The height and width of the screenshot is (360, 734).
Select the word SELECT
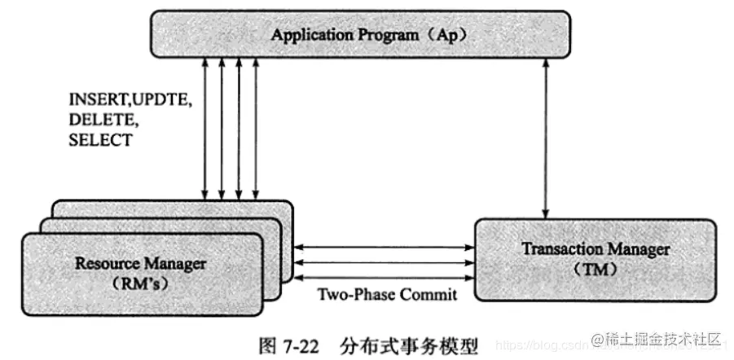coord(100,139)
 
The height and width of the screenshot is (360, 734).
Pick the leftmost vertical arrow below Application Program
coord(204,130)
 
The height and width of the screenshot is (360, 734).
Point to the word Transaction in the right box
coord(554,248)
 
